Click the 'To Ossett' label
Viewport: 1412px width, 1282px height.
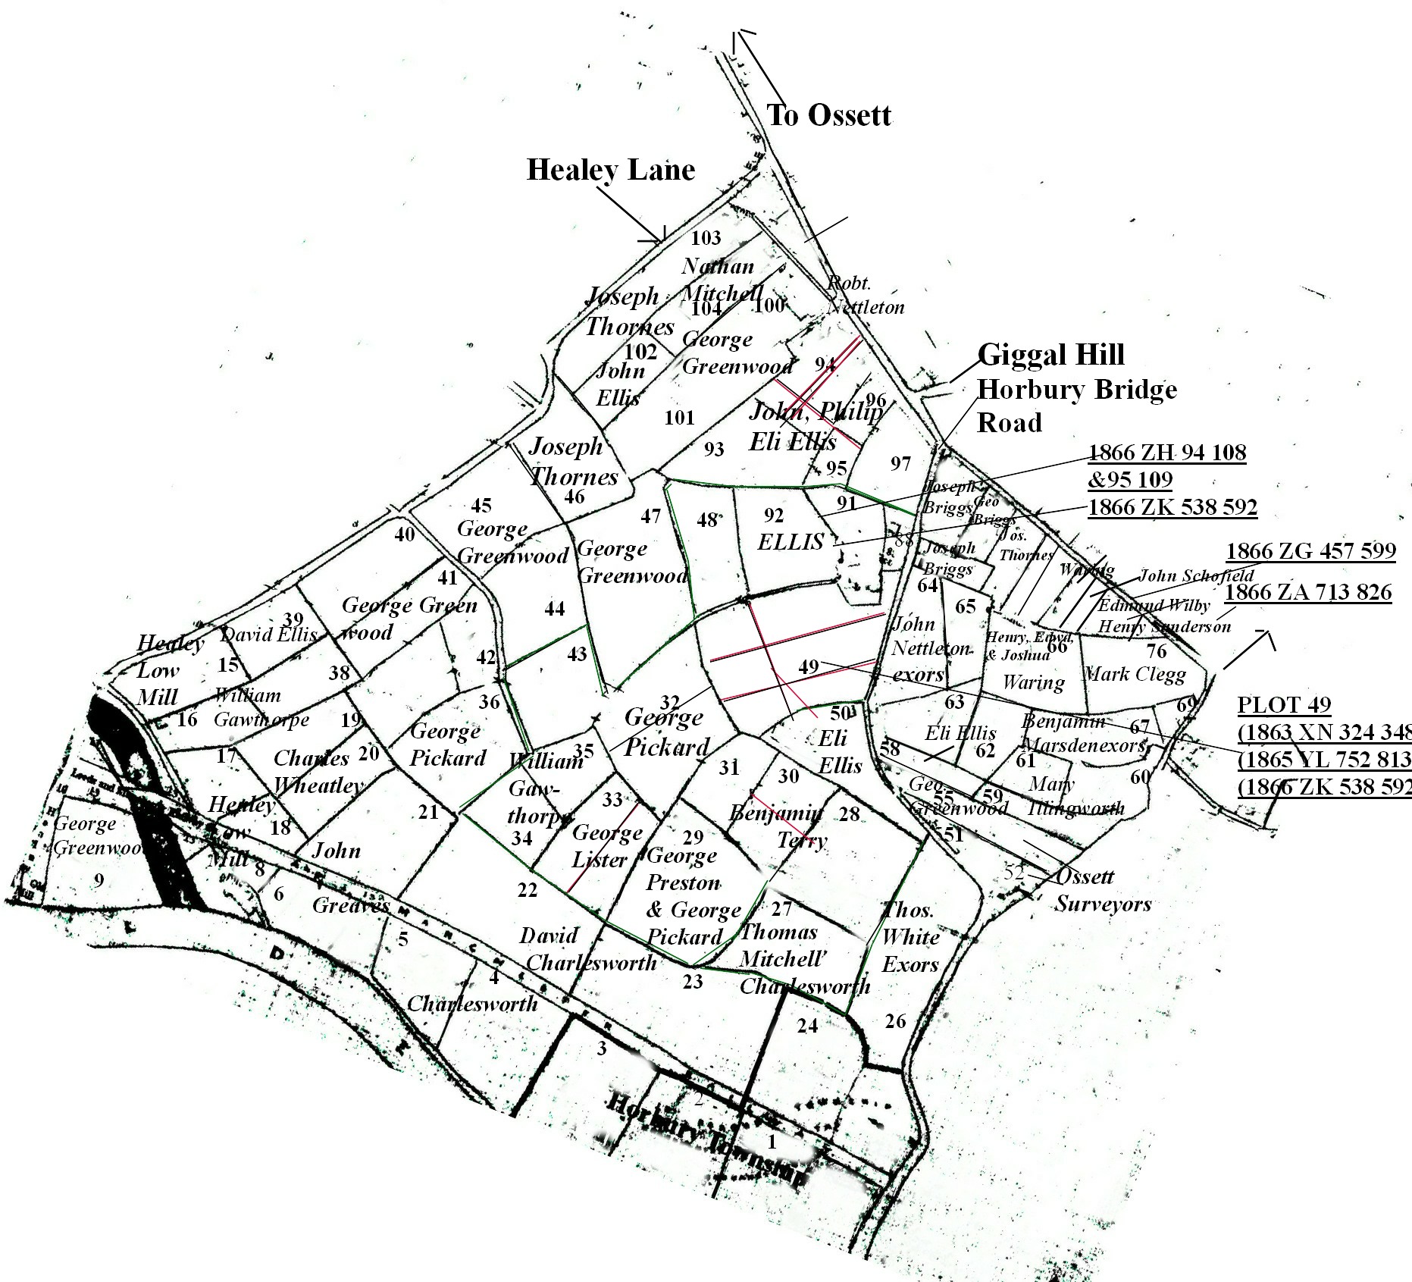click(x=828, y=115)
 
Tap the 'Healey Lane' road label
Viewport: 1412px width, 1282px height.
click(x=610, y=170)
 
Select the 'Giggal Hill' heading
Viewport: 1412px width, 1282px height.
click(x=1050, y=355)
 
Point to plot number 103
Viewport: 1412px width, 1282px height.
click(x=706, y=238)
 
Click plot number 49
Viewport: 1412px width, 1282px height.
click(x=809, y=666)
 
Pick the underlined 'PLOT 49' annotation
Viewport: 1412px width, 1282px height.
click(x=1284, y=705)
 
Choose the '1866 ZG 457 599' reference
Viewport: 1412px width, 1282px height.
click(x=1310, y=551)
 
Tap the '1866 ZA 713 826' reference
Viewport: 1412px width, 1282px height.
click(x=1308, y=592)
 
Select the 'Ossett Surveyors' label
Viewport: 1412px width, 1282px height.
click(x=1103, y=890)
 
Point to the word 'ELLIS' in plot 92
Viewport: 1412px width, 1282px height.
click(x=791, y=541)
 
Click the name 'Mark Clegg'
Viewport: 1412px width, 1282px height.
click(x=1135, y=674)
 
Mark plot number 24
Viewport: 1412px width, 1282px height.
click(x=807, y=1026)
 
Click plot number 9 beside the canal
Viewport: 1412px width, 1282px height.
click(x=98, y=880)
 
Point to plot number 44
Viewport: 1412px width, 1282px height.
click(x=555, y=608)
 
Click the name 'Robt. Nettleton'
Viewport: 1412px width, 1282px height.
click(x=866, y=295)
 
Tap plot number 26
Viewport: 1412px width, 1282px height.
click(x=895, y=1021)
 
